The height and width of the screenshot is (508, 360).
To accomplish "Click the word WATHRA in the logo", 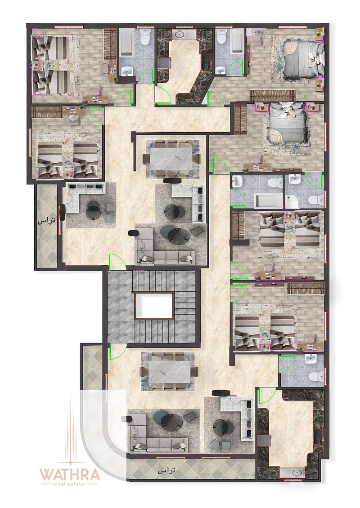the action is (x=70, y=475).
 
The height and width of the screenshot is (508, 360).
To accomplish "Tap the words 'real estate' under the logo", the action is (x=70, y=484).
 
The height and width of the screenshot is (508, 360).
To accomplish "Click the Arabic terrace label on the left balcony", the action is (x=46, y=221).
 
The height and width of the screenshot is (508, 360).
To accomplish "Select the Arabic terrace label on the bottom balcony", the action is (x=166, y=471).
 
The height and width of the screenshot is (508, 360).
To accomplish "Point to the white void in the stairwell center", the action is (x=154, y=306).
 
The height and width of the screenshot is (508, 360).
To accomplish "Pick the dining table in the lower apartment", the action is (x=169, y=372).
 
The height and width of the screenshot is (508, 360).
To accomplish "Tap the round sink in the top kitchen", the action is (x=178, y=34).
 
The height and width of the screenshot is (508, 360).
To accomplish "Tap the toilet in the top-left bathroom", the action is (x=145, y=36).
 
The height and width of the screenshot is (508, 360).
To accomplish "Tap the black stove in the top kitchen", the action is (x=207, y=62).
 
